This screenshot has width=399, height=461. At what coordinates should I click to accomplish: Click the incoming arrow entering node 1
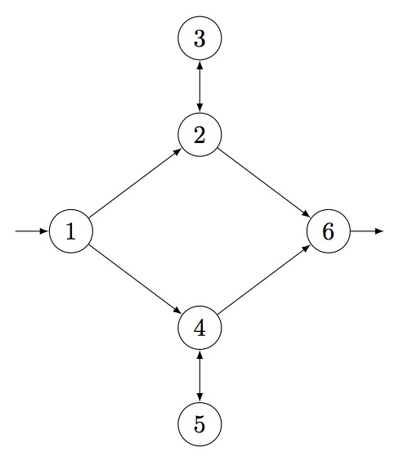31,231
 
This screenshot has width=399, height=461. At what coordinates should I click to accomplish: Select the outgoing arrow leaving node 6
367,231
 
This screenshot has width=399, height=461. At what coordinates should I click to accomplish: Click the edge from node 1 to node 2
135,183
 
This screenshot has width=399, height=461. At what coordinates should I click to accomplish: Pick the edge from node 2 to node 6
264,183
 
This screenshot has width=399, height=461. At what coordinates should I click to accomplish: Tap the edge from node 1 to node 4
135,280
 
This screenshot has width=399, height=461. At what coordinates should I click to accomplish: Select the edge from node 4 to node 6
264,280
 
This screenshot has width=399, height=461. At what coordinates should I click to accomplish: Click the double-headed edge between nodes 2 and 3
199,87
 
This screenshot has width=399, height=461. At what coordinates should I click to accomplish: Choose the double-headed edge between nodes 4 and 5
199,376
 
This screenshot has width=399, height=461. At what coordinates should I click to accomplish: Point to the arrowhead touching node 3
199,65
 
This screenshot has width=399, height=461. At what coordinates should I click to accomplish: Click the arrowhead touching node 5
199,397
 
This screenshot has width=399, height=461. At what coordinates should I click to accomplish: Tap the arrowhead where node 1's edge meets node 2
178,151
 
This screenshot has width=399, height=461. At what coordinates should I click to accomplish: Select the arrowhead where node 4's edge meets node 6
307,248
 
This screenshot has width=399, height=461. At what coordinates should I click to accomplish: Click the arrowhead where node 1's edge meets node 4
178,311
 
